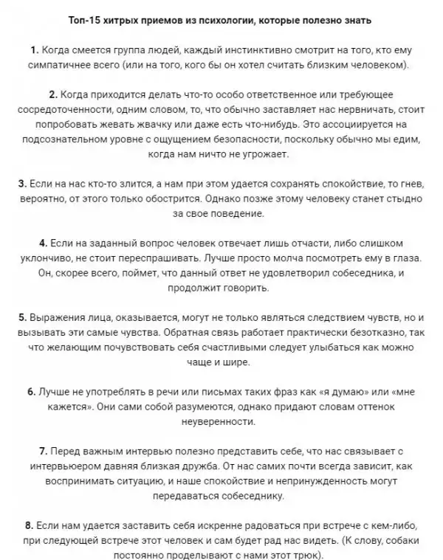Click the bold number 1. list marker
pos(34,50)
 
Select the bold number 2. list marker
pos(52,96)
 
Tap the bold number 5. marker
pos(23,317)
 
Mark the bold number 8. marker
pos(28,526)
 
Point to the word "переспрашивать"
pos(182,258)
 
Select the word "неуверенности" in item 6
pos(221,423)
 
